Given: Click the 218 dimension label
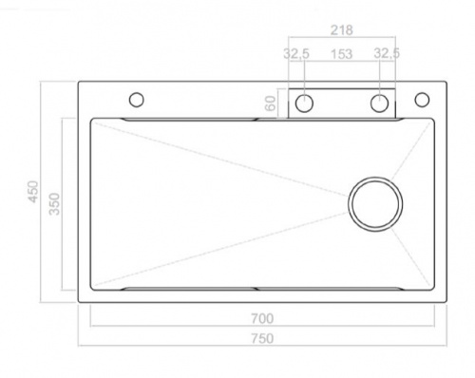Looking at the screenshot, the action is tap(341, 30).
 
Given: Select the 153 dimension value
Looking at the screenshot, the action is tap(341, 54).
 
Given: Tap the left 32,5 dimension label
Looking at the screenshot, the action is tap(296, 53).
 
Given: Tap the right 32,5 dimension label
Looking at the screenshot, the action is tap(387, 53).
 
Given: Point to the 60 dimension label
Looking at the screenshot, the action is tap(270, 104).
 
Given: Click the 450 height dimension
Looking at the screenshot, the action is tap(33, 192).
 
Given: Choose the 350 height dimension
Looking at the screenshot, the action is tap(54, 204).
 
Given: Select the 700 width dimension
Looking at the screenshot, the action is tap(262, 318).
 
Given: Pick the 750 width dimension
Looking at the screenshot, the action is tap(262, 339).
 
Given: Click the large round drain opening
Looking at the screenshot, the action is tap(375, 178).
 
